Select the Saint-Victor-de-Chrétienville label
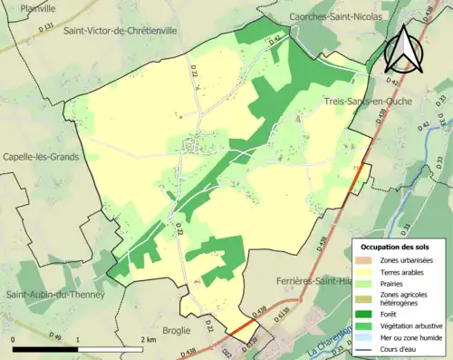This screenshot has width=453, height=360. (120, 30)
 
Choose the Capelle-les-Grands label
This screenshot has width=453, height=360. (40, 156)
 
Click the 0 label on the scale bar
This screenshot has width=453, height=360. (14, 338)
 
